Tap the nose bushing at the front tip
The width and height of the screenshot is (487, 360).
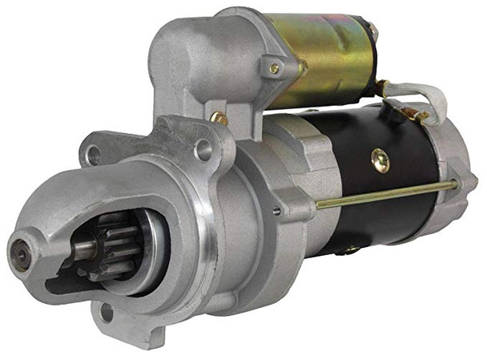(x=22, y=249)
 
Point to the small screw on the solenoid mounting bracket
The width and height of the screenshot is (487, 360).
(x=274, y=69)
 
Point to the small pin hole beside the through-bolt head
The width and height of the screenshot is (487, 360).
(x=277, y=211)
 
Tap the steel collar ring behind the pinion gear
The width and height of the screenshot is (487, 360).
(x=136, y=249)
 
